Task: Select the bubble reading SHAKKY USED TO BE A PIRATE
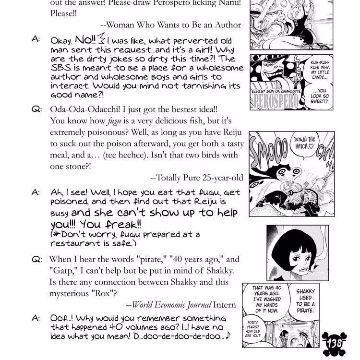305,300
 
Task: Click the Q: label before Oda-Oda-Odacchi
37,109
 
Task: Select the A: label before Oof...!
36,318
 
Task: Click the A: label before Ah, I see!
36,192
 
